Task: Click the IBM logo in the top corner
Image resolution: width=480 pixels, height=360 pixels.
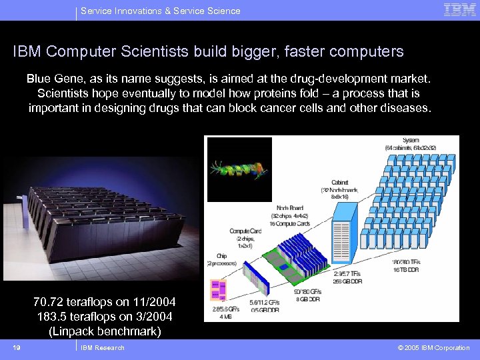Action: [x=459, y=9]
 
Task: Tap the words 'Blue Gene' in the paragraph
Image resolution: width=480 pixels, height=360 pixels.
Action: [x=50, y=79]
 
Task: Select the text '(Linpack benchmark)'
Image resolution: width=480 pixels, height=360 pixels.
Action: [x=105, y=331]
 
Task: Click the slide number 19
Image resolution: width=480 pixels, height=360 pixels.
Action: [x=17, y=347]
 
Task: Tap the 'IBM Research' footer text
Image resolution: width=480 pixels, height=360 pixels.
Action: [x=102, y=347]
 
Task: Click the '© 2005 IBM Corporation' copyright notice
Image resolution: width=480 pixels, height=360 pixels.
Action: [x=433, y=347]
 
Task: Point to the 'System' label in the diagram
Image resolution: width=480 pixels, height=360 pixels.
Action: [x=411, y=140]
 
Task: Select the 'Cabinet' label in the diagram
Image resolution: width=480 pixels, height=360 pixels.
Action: [x=339, y=182]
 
